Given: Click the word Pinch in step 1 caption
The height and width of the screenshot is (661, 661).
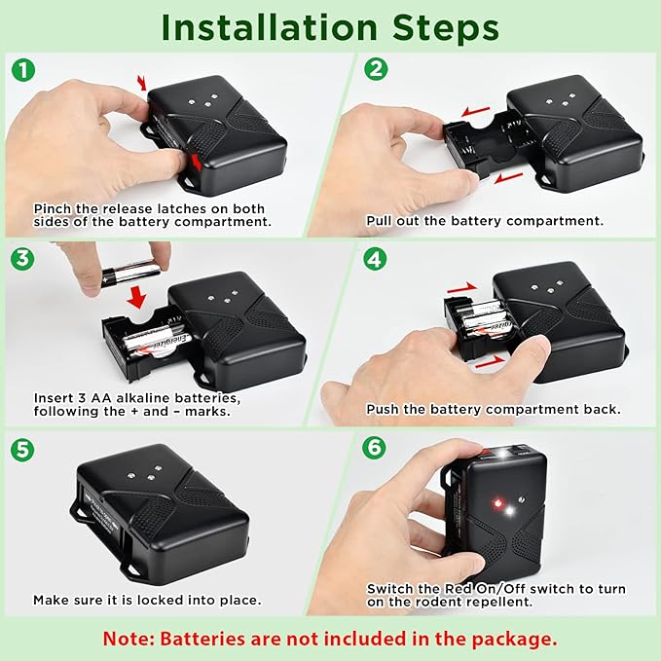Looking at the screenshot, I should click(53, 208).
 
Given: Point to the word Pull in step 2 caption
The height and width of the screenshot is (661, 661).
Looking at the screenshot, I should click(381, 221).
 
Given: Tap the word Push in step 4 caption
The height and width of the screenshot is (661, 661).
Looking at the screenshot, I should click(384, 410).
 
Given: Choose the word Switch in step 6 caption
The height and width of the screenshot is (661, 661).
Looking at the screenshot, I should click(389, 589).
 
